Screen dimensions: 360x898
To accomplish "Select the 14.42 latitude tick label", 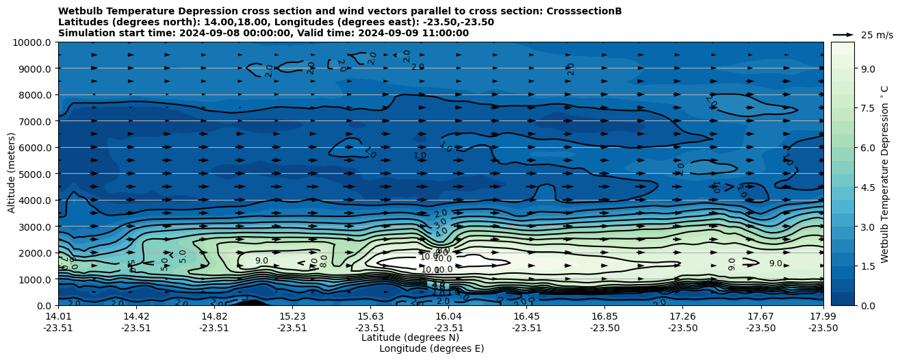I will tap(136, 316).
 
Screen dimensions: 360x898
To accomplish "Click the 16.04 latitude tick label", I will tap(448, 316).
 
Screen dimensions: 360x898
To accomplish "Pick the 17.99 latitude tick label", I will tap(823, 316).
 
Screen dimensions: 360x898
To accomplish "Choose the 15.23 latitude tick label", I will tap(292, 316).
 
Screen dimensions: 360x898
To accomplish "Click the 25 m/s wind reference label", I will tap(877, 35).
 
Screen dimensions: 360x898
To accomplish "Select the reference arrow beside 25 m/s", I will tap(843, 34).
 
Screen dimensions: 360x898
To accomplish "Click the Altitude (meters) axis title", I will tap(12, 174).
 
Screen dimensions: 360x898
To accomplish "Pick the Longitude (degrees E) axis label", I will tap(431, 348).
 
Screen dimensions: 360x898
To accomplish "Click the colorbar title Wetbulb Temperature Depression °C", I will tap(884, 174).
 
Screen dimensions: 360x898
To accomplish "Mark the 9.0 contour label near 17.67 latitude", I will tap(775, 263).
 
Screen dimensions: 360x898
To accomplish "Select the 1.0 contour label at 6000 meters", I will tap(420, 155).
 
